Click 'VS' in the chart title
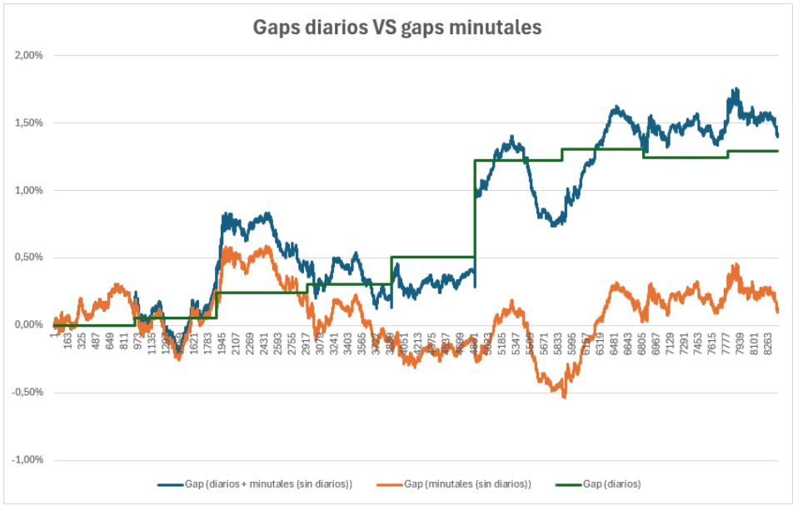pyautogui.click(x=379, y=28)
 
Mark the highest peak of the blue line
pyautogui.click(x=736, y=88)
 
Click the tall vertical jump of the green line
pyautogui.click(x=475, y=208)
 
